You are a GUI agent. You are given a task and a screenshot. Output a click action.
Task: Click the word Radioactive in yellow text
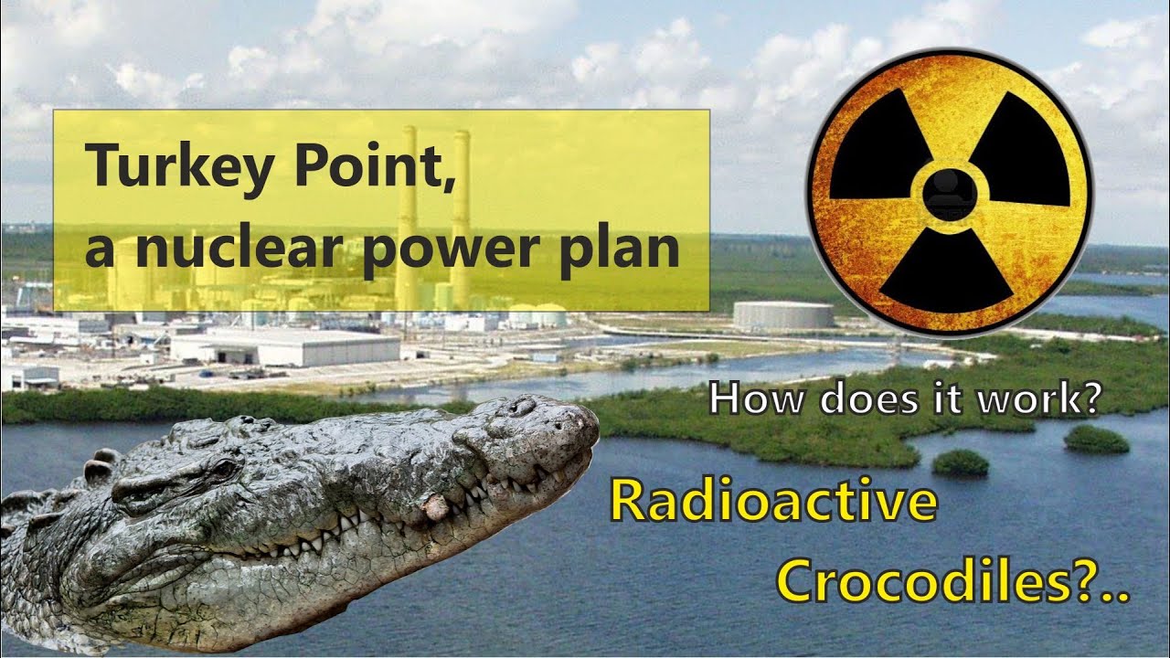tap(773, 503)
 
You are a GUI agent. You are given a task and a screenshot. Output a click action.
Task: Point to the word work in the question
tap(1042, 399)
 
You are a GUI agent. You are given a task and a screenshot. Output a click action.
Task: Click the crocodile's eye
tap(222, 468)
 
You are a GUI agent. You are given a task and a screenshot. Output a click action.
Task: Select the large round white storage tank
tap(783, 315)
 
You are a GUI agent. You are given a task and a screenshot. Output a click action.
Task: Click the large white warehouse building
tap(285, 347)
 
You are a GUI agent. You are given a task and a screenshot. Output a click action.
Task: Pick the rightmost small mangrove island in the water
tap(1096, 440)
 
